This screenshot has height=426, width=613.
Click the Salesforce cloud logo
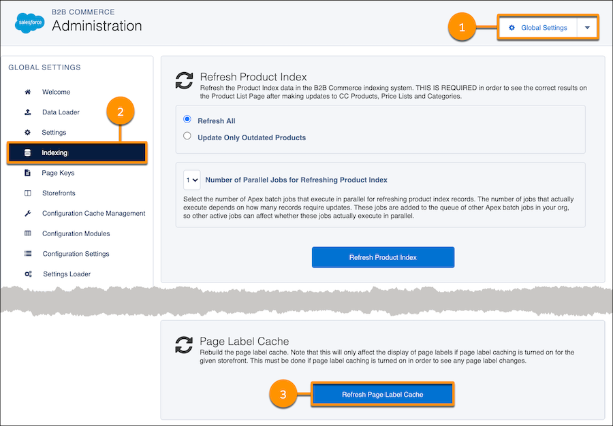(29, 23)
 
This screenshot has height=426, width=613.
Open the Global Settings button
(537, 28)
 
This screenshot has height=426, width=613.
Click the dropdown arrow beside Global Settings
(588, 28)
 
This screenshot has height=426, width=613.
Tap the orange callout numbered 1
(462, 28)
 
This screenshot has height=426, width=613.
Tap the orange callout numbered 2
(121, 112)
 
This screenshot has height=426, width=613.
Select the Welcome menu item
(56, 92)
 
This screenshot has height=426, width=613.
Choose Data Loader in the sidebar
(61, 112)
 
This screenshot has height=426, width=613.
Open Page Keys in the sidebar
(58, 173)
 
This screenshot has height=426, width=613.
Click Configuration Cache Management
(93, 213)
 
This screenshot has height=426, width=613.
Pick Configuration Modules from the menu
(76, 233)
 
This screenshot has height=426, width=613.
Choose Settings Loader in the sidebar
(66, 274)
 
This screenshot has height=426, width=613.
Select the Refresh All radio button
(187, 120)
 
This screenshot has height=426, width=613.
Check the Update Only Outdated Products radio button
(187, 137)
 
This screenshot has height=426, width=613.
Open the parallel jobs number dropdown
(192, 180)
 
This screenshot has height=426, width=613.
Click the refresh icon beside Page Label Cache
(184, 345)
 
